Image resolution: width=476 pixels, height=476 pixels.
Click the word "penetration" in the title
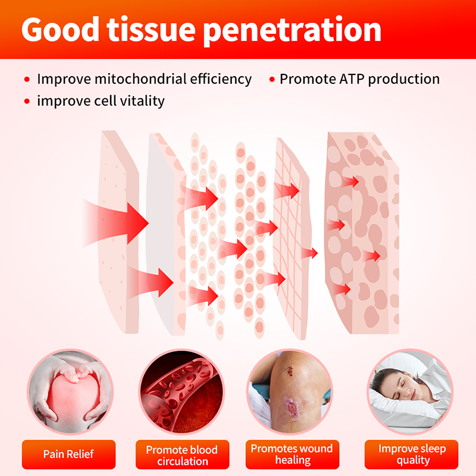(292, 30)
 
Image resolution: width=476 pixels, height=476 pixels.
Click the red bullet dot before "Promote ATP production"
(273, 80)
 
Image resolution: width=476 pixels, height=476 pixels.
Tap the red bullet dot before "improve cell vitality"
(27, 101)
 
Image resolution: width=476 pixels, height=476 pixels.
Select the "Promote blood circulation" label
(181, 455)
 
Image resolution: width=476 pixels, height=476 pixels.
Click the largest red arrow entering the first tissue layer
(119, 220)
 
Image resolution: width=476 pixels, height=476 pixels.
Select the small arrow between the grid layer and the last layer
(309, 253)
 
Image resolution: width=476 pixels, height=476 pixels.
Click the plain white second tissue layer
(161, 238)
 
